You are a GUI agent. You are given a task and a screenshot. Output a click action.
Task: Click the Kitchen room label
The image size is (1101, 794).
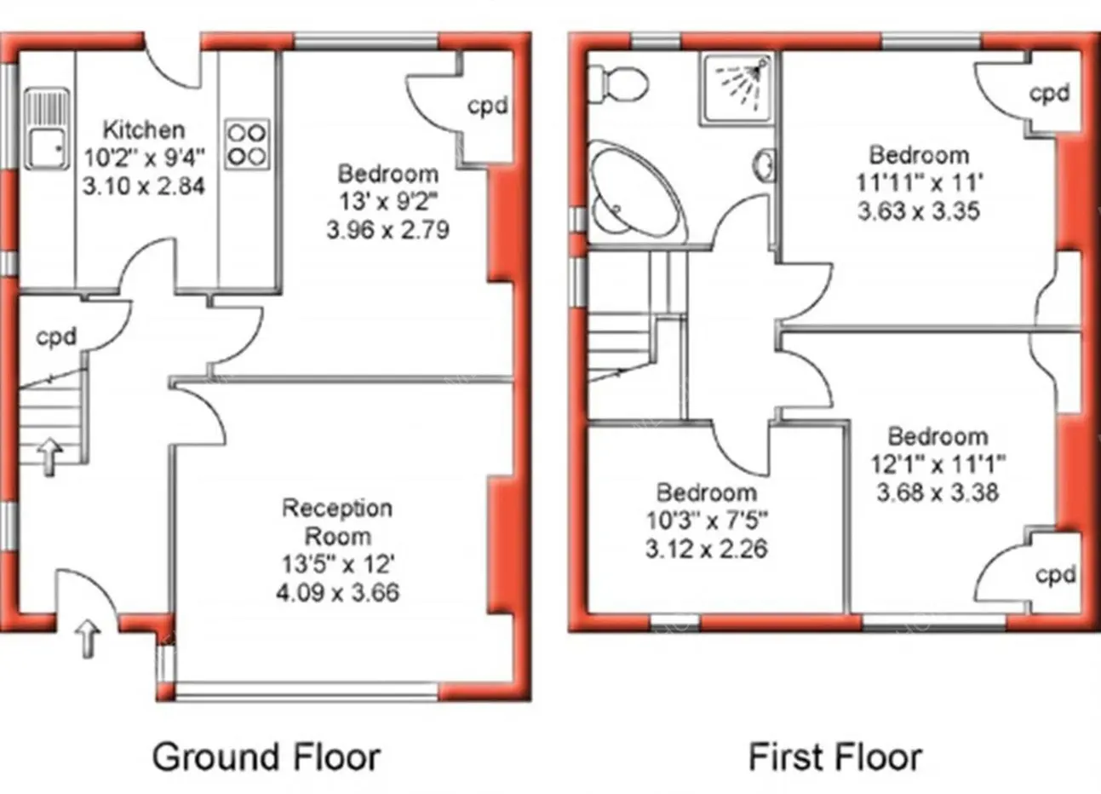(x=144, y=130)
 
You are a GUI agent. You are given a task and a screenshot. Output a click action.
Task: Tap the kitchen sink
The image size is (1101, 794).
(x=47, y=129)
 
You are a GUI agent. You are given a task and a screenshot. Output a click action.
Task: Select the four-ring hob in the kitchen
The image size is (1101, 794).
(x=247, y=145)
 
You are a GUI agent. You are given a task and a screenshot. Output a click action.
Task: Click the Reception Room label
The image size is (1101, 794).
(x=337, y=522)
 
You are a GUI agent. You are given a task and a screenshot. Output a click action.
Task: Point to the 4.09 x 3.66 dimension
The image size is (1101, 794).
(x=338, y=592)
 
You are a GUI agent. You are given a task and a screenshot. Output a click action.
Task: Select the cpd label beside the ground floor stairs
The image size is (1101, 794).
(x=56, y=337)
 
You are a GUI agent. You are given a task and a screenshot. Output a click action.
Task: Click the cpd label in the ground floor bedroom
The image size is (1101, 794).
(x=487, y=106)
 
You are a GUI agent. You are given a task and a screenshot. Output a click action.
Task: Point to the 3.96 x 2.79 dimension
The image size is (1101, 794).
(x=387, y=230)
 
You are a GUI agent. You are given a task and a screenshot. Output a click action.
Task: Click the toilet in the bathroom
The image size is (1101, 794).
(x=617, y=84)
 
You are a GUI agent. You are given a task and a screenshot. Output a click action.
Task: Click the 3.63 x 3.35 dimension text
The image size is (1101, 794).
(x=919, y=211)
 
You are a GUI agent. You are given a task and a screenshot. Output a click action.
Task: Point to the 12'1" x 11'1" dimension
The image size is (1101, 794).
(x=938, y=464)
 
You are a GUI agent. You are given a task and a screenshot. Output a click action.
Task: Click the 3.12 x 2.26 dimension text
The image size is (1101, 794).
(x=706, y=549)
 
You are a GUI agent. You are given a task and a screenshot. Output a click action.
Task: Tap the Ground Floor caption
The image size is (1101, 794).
(x=267, y=757)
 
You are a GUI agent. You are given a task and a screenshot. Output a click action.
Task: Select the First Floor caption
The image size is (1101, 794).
(x=835, y=757)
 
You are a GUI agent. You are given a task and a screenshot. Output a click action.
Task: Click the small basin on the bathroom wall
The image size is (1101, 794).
(x=766, y=165)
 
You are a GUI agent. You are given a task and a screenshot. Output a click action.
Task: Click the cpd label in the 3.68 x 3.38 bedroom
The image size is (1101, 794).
(x=1055, y=575)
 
